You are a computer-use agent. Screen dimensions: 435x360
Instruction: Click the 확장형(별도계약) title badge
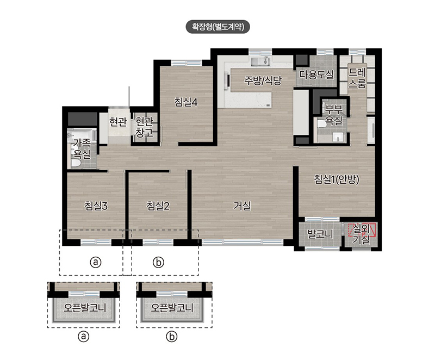click(x=218, y=27)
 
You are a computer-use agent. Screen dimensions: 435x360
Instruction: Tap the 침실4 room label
click(x=186, y=102)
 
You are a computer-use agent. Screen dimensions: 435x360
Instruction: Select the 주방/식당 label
click(x=263, y=80)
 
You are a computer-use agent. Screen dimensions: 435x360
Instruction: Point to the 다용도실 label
click(x=316, y=75)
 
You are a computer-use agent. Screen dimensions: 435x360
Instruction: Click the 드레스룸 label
click(x=358, y=78)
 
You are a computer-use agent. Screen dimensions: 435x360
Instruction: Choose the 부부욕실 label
click(x=334, y=115)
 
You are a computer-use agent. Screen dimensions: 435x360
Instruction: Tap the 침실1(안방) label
click(x=337, y=179)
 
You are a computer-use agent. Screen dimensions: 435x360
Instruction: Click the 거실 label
click(x=242, y=206)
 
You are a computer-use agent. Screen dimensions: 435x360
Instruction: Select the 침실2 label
click(x=158, y=206)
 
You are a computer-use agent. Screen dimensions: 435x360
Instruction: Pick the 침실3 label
click(x=96, y=206)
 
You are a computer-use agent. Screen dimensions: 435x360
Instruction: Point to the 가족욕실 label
click(x=82, y=148)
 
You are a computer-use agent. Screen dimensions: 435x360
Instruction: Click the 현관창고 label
click(x=144, y=127)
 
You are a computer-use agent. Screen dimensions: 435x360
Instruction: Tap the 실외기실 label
click(x=361, y=234)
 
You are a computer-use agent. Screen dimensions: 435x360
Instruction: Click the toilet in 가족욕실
click(x=75, y=163)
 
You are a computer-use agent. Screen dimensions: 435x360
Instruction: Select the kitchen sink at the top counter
click(x=260, y=61)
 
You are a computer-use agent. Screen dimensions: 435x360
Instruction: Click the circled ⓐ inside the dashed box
click(x=96, y=262)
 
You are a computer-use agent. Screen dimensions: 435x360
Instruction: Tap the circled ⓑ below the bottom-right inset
click(x=172, y=337)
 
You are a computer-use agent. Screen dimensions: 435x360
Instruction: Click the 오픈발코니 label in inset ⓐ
click(x=85, y=308)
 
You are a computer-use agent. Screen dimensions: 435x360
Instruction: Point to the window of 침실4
click(x=187, y=63)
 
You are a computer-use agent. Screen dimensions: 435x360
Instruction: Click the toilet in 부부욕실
click(x=321, y=123)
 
